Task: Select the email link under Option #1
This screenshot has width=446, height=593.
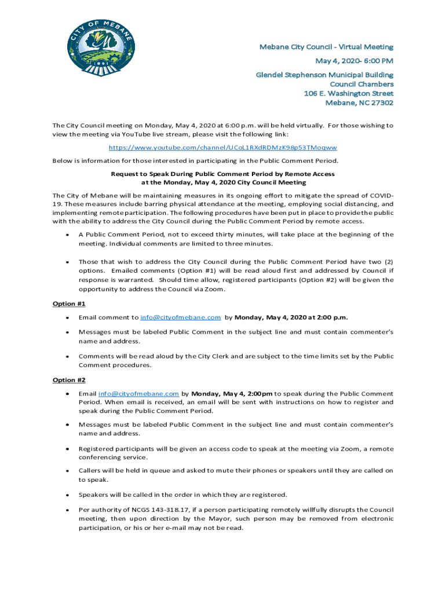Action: click(x=180, y=317)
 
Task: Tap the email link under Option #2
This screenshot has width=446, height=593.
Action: click(x=138, y=393)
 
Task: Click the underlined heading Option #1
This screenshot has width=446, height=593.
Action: click(x=69, y=303)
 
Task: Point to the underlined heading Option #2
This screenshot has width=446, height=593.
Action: click(x=69, y=380)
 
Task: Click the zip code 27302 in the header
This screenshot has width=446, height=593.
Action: click(x=379, y=103)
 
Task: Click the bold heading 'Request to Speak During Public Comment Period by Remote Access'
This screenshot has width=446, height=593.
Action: click(x=222, y=174)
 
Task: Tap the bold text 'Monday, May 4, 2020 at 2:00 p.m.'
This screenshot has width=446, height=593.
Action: click(x=291, y=317)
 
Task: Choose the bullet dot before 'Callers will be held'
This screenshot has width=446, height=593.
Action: click(x=68, y=471)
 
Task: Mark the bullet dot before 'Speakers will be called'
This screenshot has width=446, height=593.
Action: click(x=68, y=495)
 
